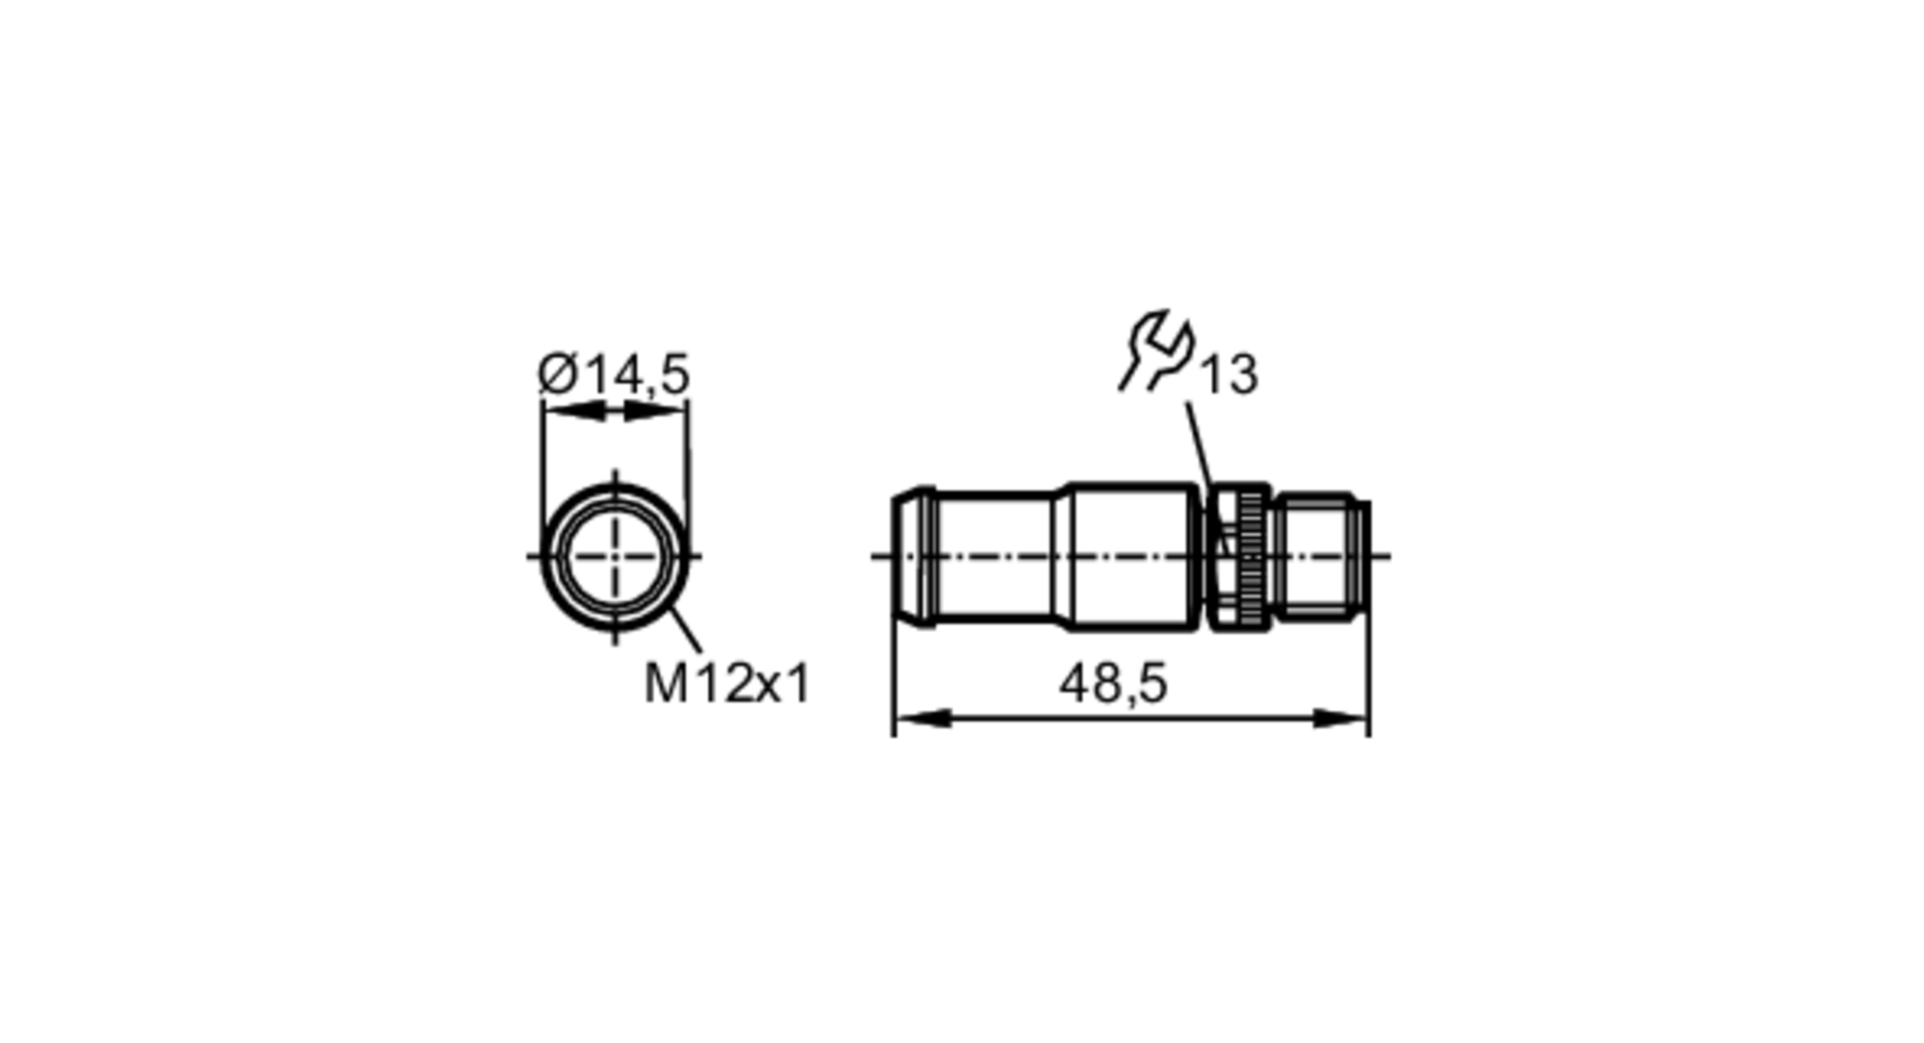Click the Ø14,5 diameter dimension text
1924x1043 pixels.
click(614, 374)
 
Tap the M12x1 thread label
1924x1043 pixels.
click(727, 684)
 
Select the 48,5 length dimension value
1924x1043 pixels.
click(1113, 684)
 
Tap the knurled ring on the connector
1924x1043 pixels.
click(1252, 557)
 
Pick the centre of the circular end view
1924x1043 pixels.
click(615, 556)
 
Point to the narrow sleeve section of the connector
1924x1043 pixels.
click(996, 556)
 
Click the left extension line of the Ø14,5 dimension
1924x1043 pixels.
click(543, 462)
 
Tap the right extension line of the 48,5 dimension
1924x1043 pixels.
click(1368, 674)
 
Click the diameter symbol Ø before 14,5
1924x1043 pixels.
click(558, 374)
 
